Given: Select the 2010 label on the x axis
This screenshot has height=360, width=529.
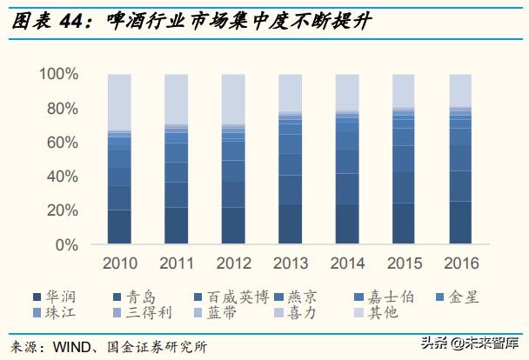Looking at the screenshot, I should coord(119,262).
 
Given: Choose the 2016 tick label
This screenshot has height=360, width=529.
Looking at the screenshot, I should coord(461,262).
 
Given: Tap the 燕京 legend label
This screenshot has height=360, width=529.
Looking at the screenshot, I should coord(318,297).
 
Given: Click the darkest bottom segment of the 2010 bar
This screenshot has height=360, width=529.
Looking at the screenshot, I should coord(119,226).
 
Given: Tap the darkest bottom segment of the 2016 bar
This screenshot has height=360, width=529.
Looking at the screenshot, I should coord(460,223).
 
